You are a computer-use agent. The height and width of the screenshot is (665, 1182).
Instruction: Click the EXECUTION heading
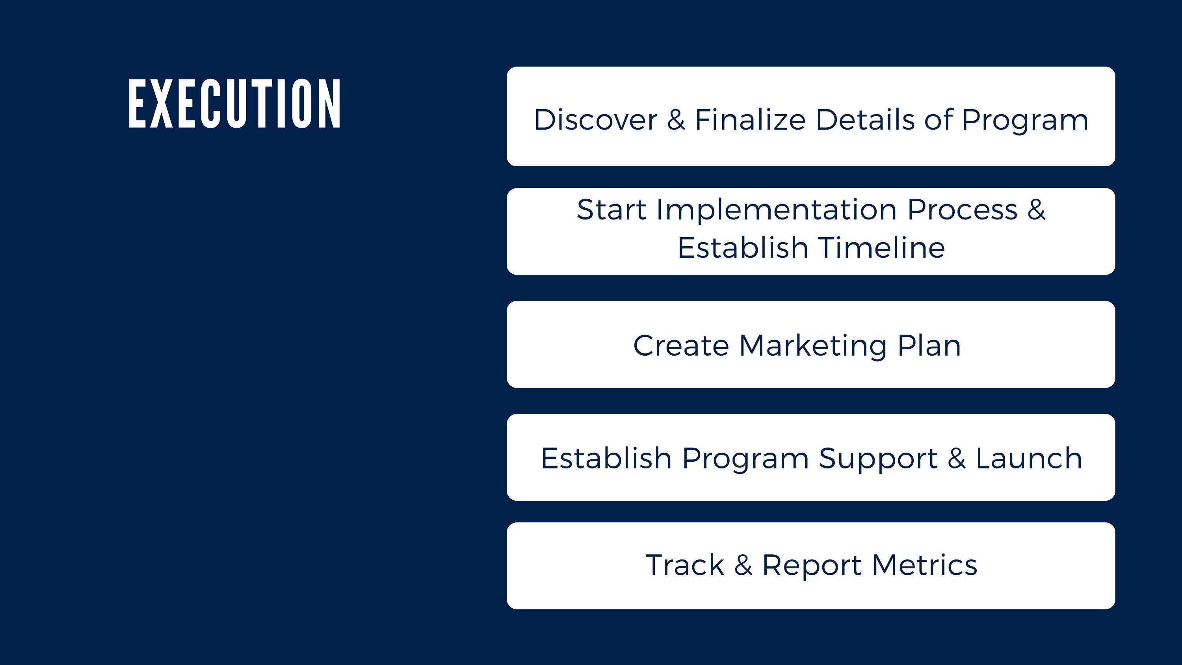[x=234, y=104]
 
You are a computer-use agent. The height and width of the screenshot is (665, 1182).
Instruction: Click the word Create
[x=681, y=345]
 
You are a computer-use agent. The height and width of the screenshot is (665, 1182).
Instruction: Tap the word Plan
[x=929, y=345]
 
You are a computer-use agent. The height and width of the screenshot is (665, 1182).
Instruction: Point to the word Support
[x=878, y=459]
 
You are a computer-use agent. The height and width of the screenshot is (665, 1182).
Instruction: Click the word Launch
[x=1029, y=458]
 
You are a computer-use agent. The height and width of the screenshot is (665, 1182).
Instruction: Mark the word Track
[x=685, y=565]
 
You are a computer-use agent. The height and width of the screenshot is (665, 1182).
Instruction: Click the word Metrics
[x=924, y=565]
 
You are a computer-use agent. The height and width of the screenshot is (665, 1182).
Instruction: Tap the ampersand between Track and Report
[x=743, y=565]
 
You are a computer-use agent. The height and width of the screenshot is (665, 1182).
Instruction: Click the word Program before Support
[x=745, y=459]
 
